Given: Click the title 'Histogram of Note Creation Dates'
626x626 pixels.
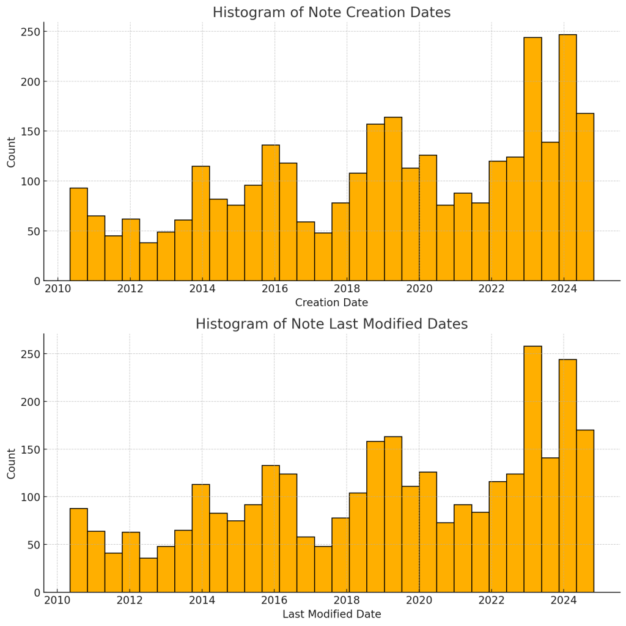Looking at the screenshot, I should pyautogui.click(x=331, y=13).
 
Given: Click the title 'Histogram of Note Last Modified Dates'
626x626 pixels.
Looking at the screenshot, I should pyautogui.click(x=331, y=325).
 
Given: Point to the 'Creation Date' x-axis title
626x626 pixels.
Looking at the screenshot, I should pyautogui.click(x=331, y=303).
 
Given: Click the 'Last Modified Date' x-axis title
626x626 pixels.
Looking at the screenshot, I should pyautogui.click(x=331, y=614).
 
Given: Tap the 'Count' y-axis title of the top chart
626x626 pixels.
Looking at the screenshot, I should pyautogui.click(x=12, y=152).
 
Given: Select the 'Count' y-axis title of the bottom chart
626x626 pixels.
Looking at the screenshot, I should pyautogui.click(x=12, y=463).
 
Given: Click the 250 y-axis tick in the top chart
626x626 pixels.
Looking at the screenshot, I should pyautogui.click(x=32, y=32).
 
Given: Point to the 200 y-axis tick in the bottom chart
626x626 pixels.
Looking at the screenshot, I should pyautogui.click(x=32, y=402).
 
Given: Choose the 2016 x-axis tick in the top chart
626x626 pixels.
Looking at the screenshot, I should pyautogui.click(x=274, y=289).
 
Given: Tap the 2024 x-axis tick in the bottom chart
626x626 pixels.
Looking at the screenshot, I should pyautogui.click(x=564, y=600).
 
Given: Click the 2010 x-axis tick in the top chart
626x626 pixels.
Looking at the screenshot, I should pyautogui.click(x=57, y=289).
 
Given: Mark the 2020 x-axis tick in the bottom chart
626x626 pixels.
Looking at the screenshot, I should pyautogui.click(x=419, y=600).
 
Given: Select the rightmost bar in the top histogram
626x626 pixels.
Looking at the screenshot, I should pyautogui.click(x=585, y=197).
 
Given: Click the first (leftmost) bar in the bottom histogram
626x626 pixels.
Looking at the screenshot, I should pyautogui.click(x=78, y=550).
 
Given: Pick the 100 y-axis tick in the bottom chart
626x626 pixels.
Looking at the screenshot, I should pyautogui.click(x=32, y=497).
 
